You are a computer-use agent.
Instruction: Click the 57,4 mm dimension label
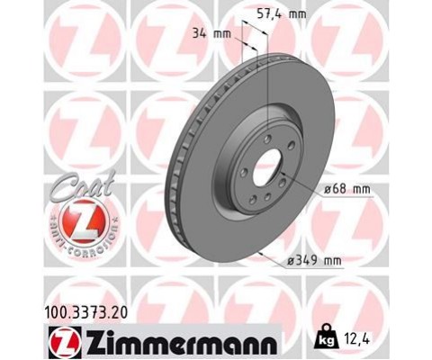click(x=282, y=14)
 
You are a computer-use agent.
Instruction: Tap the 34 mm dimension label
click(x=211, y=33)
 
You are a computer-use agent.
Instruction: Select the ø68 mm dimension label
click(x=347, y=190)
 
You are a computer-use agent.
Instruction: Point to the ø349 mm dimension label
click(x=314, y=261)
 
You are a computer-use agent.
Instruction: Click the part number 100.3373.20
click(x=86, y=312)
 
